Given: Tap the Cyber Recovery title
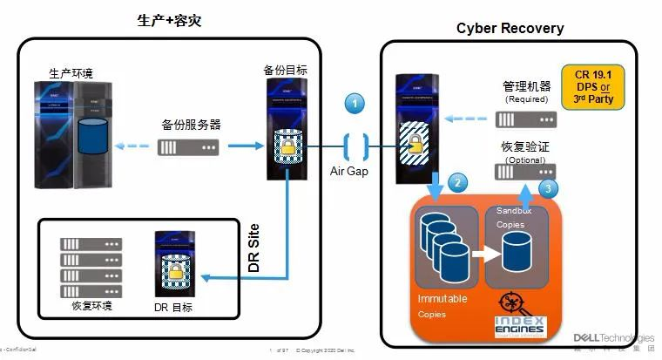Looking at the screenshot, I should coord(510,28).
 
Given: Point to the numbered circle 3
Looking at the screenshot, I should coord(546,187).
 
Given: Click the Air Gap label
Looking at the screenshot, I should coord(348,171).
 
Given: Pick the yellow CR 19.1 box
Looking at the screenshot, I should coord(600,85).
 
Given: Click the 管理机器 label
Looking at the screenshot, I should coord(527,87).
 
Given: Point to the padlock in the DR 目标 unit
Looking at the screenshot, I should coord(174,276).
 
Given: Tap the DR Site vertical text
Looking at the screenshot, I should coord(254,251).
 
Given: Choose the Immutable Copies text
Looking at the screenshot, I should coord(442,306).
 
